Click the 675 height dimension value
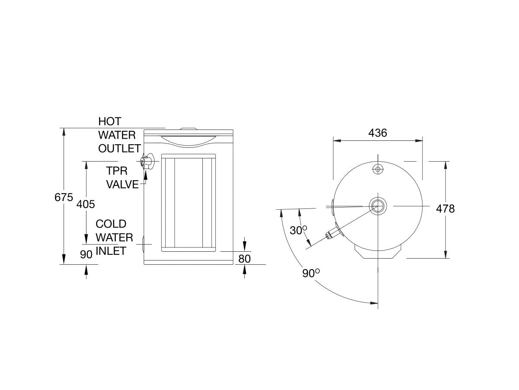pyautogui.click(x=64, y=197)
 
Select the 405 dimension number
pyautogui.click(x=86, y=204)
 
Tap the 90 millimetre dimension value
pyautogui.click(x=86, y=254)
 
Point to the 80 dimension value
pyautogui.click(x=244, y=259)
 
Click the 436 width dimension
pyautogui.click(x=378, y=133)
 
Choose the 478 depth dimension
pyautogui.click(x=445, y=209)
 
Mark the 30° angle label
pyautogui.click(x=298, y=231)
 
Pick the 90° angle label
pyautogui.click(x=311, y=274)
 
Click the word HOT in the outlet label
pyautogui.click(x=110, y=121)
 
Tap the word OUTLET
pyautogui.click(x=119, y=149)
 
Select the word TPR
pyautogui.click(x=117, y=171)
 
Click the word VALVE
pyautogui.click(x=123, y=185)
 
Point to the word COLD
pyautogui.click(x=111, y=224)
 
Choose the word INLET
pyautogui.click(x=111, y=251)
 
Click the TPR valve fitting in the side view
pyautogui.click(x=147, y=161)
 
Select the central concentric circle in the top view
pyautogui.click(x=378, y=205)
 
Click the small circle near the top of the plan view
pyautogui.click(x=378, y=169)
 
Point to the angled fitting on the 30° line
pyautogui.click(x=333, y=234)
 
